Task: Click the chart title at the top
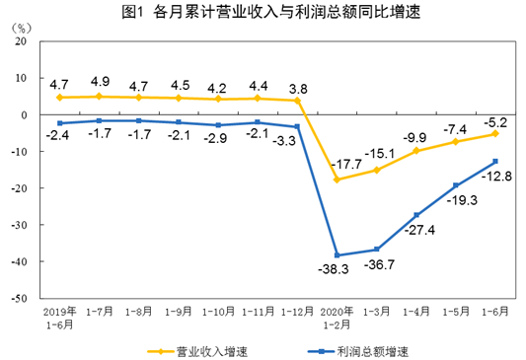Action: [x=263, y=13]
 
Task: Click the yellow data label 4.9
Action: [x=99, y=81]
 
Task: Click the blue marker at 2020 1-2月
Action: [x=338, y=255]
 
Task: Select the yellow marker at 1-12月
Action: [x=297, y=100]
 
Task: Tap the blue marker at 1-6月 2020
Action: [x=494, y=161]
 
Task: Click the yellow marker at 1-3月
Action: [x=376, y=170]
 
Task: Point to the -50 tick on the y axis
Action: [x=18, y=297]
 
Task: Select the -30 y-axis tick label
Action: [x=18, y=224]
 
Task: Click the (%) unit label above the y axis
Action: [x=24, y=29]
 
